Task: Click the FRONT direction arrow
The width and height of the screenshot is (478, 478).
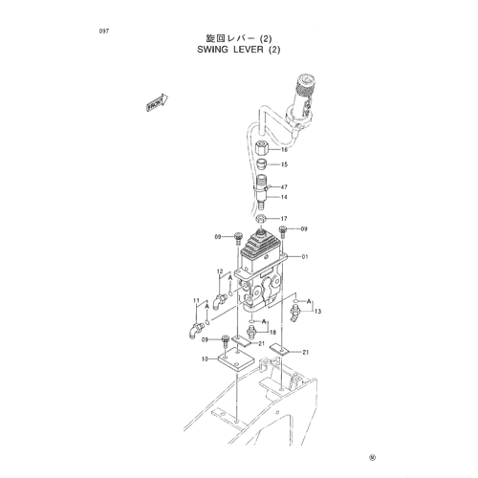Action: (x=157, y=102)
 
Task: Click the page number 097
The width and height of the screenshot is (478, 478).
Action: (x=104, y=32)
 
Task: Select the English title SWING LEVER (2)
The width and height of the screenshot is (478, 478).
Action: (x=239, y=50)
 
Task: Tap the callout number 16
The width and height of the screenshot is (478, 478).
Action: (x=284, y=149)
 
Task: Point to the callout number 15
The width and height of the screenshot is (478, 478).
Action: (x=284, y=164)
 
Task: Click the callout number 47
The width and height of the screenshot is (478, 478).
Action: (x=284, y=187)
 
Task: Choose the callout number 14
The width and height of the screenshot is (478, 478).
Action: (x=284, y=197)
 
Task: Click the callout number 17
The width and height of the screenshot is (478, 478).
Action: (x=284, y=219)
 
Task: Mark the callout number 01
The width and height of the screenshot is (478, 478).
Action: (x=305, y=256)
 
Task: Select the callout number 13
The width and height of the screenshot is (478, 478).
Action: (x=317, y=311)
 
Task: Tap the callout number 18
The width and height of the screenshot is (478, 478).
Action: (x=273, y=333)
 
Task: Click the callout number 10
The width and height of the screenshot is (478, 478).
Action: (x=205, y=359)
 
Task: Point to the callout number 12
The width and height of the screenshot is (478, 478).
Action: (x=220, y=272)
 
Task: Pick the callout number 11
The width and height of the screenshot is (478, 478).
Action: (x=196, y=300)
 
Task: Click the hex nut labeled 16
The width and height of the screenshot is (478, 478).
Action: (x=262, y=147)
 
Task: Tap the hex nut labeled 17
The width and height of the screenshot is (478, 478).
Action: (x=262, y=219)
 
